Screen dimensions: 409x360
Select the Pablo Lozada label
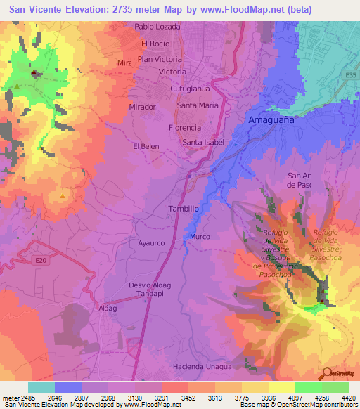(157, 27)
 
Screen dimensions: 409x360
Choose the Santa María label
(198, 105)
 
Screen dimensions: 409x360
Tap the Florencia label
(186, 128)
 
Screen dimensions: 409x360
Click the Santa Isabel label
(203, 143)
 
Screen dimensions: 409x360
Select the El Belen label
(146, 146)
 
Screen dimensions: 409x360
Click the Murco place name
(200, 237)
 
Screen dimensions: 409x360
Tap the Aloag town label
(108, 308)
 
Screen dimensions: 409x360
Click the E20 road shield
(42, 260)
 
